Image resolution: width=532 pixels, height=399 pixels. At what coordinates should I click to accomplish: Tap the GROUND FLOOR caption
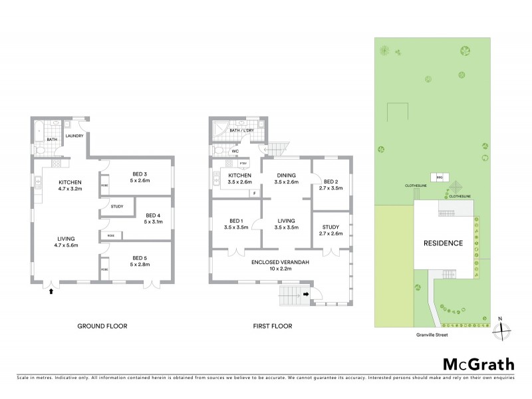click(x=102, y=326)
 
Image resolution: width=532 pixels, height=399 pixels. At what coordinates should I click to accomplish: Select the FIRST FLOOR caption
click(x=273, y=326)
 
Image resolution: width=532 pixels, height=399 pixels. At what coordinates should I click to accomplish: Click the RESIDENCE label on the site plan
click(x=443, y=243)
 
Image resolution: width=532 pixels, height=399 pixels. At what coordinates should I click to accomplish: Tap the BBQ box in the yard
click(x=439, y=177)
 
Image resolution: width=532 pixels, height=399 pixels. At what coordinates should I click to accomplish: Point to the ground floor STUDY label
click(x=117, y=207)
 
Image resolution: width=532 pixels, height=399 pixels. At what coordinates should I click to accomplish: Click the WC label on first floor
click(x=234, y=152)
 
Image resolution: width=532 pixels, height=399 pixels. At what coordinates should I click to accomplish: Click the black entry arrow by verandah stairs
click(x=305, y=293)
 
